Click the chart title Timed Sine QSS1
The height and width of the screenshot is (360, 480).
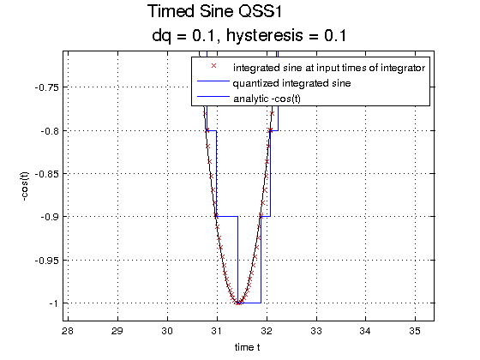214,12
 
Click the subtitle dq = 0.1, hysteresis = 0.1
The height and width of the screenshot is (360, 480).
249,36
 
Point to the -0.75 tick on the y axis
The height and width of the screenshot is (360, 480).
47,87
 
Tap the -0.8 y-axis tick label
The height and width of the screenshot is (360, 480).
50,131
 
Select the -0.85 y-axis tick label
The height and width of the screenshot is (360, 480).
47,174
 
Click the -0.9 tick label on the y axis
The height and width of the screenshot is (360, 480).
50,217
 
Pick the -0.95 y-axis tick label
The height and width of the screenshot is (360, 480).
47,261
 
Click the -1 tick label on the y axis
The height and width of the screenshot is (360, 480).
53,303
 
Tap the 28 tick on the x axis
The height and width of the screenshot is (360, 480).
68,331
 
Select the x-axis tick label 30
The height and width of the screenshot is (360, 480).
167,331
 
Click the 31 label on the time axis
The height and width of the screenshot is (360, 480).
217,331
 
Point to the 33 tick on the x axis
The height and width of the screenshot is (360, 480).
316,331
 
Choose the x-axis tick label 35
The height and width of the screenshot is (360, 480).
415,331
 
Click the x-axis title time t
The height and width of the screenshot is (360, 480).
248,347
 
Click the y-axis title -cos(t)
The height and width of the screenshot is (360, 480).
25,186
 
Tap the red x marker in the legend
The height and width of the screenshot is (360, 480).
213,65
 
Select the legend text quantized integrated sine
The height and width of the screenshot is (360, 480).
291,83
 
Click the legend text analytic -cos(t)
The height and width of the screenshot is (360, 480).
267,99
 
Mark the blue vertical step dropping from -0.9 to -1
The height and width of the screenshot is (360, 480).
237,260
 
